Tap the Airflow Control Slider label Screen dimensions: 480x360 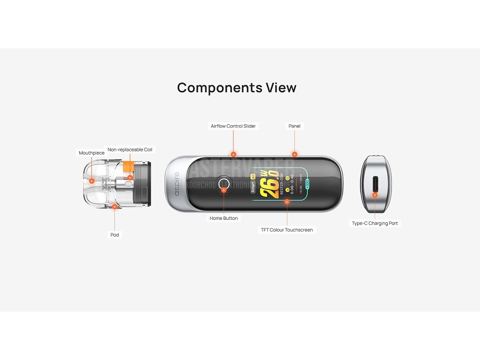point(233,126)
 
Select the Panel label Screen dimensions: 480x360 point(294,126)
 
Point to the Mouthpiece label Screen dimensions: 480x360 point(91,153)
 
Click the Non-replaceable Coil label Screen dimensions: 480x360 point(130,150)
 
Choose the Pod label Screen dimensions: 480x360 point(114,235)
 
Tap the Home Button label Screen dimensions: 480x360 point(224,218)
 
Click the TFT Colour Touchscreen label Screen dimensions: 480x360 point(287,230)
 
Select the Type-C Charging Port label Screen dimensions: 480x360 point(375,224)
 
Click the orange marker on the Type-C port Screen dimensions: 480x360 point(375,195)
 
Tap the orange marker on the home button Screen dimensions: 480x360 point(224,190)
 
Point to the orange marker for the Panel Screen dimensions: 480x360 point(294,154)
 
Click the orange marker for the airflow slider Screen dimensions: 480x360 point(233,154)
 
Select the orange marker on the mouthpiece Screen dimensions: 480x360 point(91,180)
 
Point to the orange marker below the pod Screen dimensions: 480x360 point(114,206)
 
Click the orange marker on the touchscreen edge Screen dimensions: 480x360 point(287,202)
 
